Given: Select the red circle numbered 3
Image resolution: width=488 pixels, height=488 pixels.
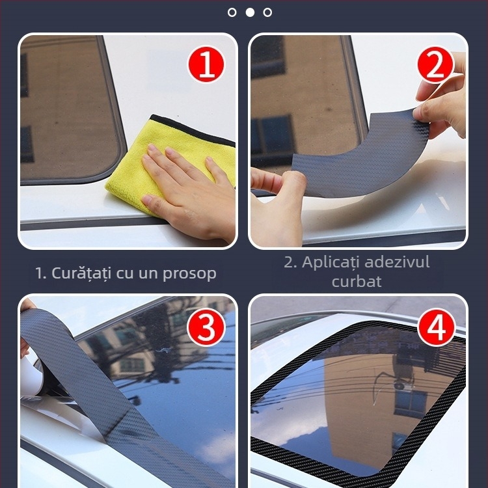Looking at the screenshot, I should pyautogui.click(x=206, y=329).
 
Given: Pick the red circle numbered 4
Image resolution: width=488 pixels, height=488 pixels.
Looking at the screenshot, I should pyautogui.click(x=435, y=329).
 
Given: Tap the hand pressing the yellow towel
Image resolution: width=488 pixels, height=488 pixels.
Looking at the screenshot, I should pyautogui.click(x=189, y=189).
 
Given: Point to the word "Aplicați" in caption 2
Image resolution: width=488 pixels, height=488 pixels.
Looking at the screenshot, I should pyautogui.click(x=331, y=263).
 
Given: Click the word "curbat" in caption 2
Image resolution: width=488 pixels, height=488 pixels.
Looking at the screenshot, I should pyautogui.click(x=357, y=282).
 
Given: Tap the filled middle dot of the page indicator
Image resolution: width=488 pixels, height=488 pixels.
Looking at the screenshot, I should pyautogui.click(x=250, y=12).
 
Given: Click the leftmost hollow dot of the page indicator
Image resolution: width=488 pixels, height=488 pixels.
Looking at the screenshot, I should pyautogui.click(x=232, y=12).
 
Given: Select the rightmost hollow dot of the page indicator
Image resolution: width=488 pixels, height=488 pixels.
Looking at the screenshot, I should pyautogui.click(x=267, y=12).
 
